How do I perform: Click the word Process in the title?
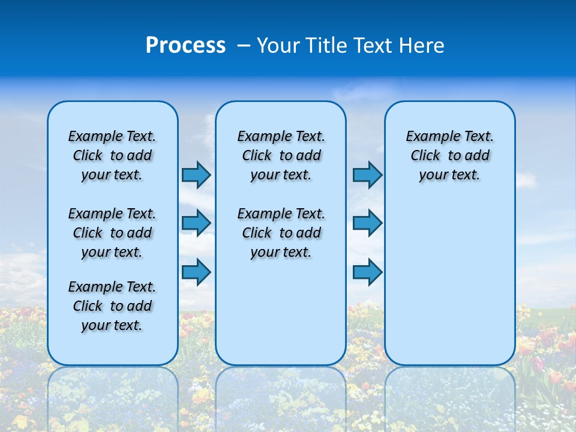pyautogui.click(x=185, y=45)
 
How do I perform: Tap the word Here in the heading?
pyautogui.click(x=422, y=45)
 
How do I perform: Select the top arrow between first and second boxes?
pyautogui.click(x=196, y=175)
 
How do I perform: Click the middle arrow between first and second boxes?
pyautogui.click(x=196, y=223)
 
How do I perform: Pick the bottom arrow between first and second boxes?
pyautogui.click(x=196, y=272)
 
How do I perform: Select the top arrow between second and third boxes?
pyautogui.click(x=367, y=175)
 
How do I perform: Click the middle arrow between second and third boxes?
pyautogui.click(x=367, y=223)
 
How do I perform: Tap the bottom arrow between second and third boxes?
pyautogui.click(x=367, y=272)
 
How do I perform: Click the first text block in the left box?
pyautogui.click(x=112, y=155)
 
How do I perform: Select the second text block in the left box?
pyautogui.click(x=112, y=233)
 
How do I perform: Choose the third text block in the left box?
pyautogui.click(x=112, y=306)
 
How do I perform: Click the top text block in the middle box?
pyautogui.click(x=281, y=155)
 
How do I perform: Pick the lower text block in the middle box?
pyautogui.click(x=281, y=233)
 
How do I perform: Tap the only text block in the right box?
pyautogui.click(x=449, y=155)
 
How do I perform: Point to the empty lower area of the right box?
pyautogui.click(x=449, y=282)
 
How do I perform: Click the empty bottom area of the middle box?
pyautogui.click(x=281, y=318)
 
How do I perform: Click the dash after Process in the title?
pyautogui.click(x=244, y=45)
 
